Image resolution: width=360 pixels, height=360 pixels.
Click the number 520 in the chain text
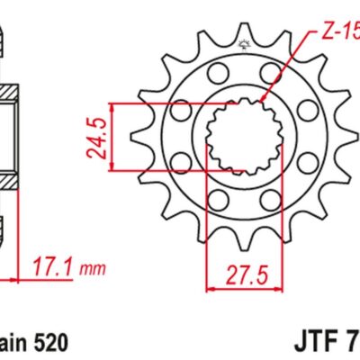coord(47,343)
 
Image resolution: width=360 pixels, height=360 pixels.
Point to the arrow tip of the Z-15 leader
coord(262,100)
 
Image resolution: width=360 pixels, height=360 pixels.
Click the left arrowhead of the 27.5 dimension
coord(210,288)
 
